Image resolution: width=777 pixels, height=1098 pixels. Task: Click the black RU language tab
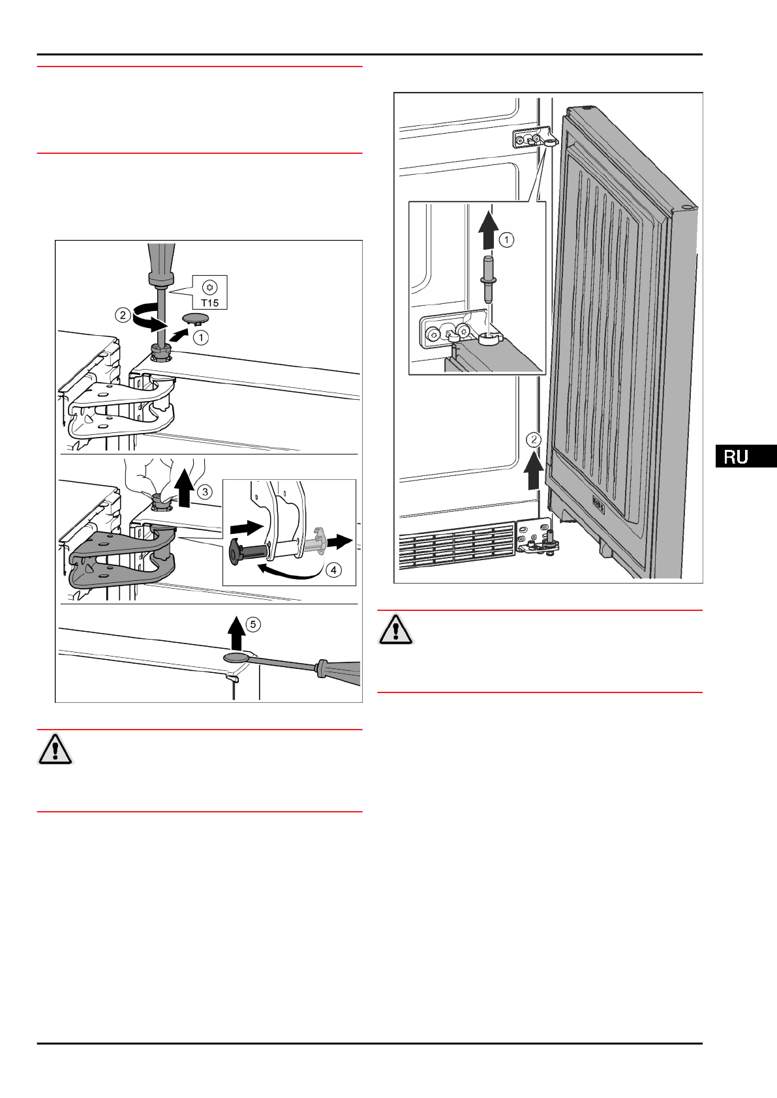tap(745, 456)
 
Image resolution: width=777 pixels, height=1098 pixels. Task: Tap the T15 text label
tap(209, 303)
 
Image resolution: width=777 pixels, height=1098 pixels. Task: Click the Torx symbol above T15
tap(209, 287)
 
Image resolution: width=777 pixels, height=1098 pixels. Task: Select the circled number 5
tap(253, 625)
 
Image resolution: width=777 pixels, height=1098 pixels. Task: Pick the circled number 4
tap(333, 570)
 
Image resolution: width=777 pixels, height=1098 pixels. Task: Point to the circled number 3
tap(205, 492)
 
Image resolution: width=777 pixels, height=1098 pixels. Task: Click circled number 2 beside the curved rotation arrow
tap(123, 315)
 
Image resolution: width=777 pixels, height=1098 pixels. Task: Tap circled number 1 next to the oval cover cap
tap(201, 338)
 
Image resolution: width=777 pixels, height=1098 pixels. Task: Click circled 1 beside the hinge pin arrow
tap(506, 240)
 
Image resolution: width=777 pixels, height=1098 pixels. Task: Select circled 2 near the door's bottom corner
tap(534, 439)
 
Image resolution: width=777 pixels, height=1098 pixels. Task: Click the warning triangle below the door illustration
tap(395, 629)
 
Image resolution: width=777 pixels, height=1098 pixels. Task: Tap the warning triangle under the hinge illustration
tap(55, 749)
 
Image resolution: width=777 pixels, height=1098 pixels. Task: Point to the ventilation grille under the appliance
tap(457, 541)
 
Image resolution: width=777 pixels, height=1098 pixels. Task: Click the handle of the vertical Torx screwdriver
tap(160, 261)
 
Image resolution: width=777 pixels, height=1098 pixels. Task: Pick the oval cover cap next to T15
tap(196, 318)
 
